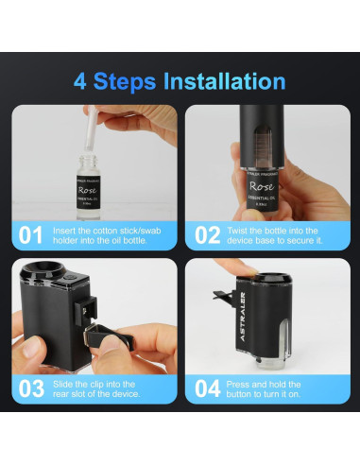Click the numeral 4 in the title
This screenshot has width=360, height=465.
83,80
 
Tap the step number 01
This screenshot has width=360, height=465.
30,232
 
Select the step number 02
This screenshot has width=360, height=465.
207,232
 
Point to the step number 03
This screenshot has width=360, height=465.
30,387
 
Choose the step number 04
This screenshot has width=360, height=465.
207,387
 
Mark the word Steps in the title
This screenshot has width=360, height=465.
128,81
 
